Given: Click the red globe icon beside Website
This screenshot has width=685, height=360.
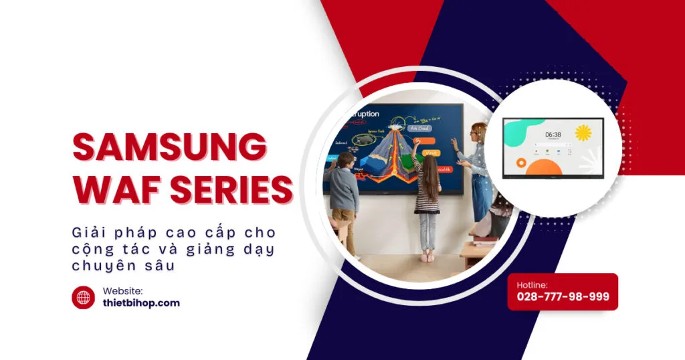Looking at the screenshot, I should tap(84, 298).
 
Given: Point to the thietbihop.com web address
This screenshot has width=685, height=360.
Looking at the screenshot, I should tap(141, 303).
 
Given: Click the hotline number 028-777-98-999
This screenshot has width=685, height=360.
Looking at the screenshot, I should tap(563, 296).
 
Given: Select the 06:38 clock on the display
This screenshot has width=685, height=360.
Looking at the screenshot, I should tap(553, 134).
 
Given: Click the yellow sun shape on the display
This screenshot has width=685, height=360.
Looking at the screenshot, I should tap(583, 133).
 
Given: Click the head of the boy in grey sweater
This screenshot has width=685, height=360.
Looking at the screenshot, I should tap(345, 161).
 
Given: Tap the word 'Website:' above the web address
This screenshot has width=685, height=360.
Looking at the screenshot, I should tap(122, 290).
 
